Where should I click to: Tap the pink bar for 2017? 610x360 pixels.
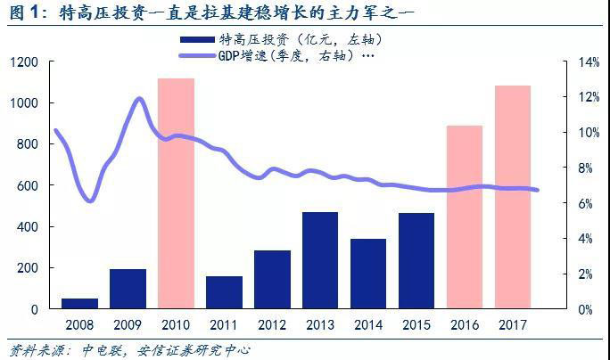[513, 197]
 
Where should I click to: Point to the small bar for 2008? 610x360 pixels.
[79, 303]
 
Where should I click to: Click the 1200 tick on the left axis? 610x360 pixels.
[24, 62]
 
